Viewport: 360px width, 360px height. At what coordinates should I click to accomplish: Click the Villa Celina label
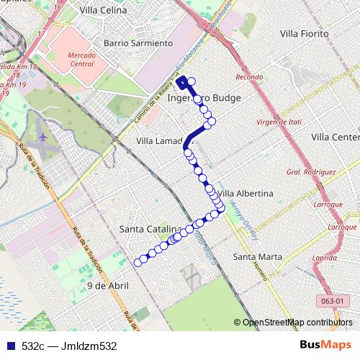tap(104, 11)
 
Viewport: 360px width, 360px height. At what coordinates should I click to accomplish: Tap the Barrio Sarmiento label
tap(138, 43)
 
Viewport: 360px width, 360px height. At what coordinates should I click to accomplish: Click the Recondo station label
tap(248, 77)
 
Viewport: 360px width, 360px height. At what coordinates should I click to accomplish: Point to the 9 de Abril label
tap(107, 286)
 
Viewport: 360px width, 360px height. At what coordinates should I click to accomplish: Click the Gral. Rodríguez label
tap(311, 172)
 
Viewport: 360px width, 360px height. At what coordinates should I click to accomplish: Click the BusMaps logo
tap(328, 345)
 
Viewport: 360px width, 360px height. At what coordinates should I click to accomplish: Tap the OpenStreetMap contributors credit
tap(297, 322)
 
